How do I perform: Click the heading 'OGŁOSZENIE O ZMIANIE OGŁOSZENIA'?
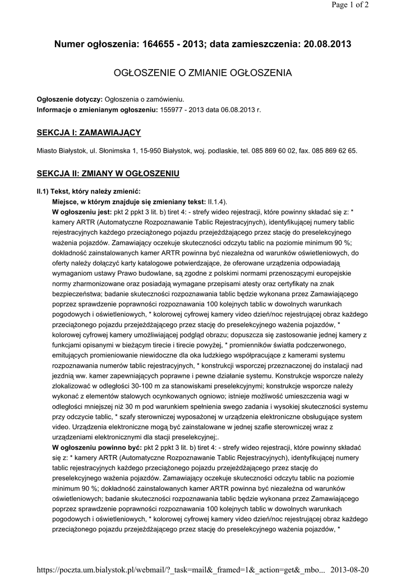click(203, 73)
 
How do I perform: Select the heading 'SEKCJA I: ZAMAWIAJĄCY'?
click(89, 133)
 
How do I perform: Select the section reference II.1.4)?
click(218, 202)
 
